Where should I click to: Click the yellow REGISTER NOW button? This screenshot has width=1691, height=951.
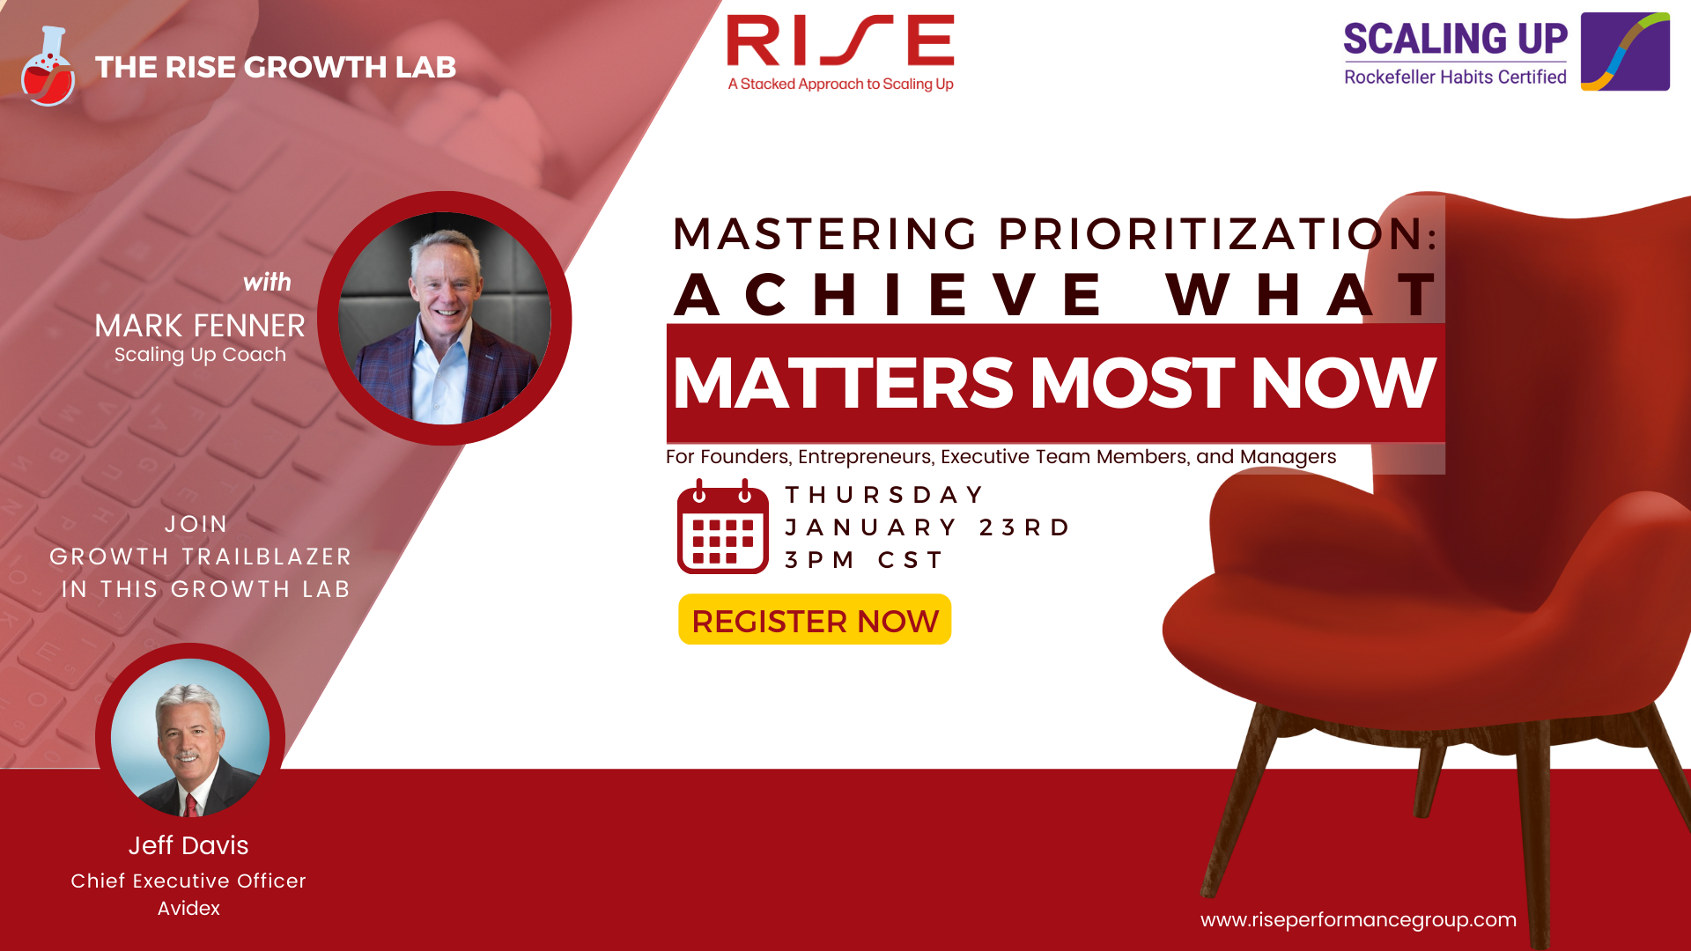(815, 619)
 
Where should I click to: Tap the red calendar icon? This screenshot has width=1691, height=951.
(723, 527)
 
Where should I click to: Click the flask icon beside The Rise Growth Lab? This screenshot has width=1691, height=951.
(48, 66)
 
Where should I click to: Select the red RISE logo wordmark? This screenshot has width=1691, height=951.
(840, 41)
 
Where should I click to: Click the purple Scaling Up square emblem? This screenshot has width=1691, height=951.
(1625, 51)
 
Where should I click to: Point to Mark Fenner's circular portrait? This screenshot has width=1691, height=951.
(445, 318)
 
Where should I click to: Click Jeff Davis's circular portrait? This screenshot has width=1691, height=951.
(190, 738)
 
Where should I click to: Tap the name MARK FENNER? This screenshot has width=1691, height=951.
(200, 326)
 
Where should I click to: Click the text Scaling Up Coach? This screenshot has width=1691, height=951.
(200, 355)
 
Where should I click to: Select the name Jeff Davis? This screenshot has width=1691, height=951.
(188, 845)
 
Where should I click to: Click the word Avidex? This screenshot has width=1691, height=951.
(188, 908)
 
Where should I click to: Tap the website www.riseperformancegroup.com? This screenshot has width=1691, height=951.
(1358, 920)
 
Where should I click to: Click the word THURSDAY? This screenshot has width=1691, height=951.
(884, 495)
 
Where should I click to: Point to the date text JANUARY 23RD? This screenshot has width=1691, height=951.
(927, 527)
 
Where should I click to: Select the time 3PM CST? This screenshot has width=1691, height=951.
(864, 560)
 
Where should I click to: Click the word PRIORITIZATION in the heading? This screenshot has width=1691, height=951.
(1218, 234)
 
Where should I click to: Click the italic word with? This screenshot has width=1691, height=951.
(267, 282)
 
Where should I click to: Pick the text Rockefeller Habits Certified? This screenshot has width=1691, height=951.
(1455, 77)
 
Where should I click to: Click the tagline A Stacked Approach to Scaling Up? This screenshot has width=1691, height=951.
(840, 85)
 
